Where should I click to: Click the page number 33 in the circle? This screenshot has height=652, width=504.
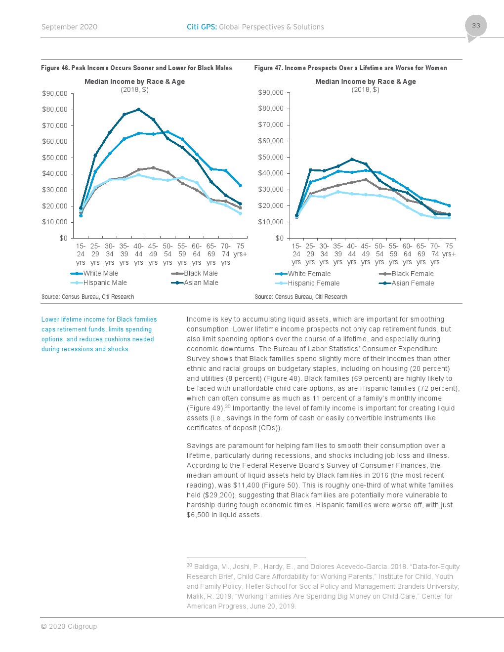(476, 26)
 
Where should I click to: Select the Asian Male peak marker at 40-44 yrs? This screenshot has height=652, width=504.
(138, 109)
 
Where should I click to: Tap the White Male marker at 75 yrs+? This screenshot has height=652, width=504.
(240, 185)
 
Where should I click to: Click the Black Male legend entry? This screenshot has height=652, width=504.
(194, 273)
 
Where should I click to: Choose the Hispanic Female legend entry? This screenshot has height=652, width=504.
(307, 283)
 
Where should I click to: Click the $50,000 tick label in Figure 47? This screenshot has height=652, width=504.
(271, 157)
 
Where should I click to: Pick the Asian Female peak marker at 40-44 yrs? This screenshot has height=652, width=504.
(352, 160)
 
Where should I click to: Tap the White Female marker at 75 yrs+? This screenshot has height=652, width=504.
(449, 205)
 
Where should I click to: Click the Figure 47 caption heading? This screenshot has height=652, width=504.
(350, 68)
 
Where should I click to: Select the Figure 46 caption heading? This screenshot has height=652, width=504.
(136, 68)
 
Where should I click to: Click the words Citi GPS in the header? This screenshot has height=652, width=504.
(202, 27)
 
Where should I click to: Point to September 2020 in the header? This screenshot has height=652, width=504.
(69, 27)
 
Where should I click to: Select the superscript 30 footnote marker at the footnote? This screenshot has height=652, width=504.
(189, 565)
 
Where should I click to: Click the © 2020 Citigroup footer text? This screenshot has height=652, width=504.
(69, 626)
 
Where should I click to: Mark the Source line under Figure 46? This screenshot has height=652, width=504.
(87, 297)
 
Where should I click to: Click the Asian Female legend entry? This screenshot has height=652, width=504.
(407, 283)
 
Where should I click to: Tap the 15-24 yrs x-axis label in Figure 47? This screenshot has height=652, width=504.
(296, 254)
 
